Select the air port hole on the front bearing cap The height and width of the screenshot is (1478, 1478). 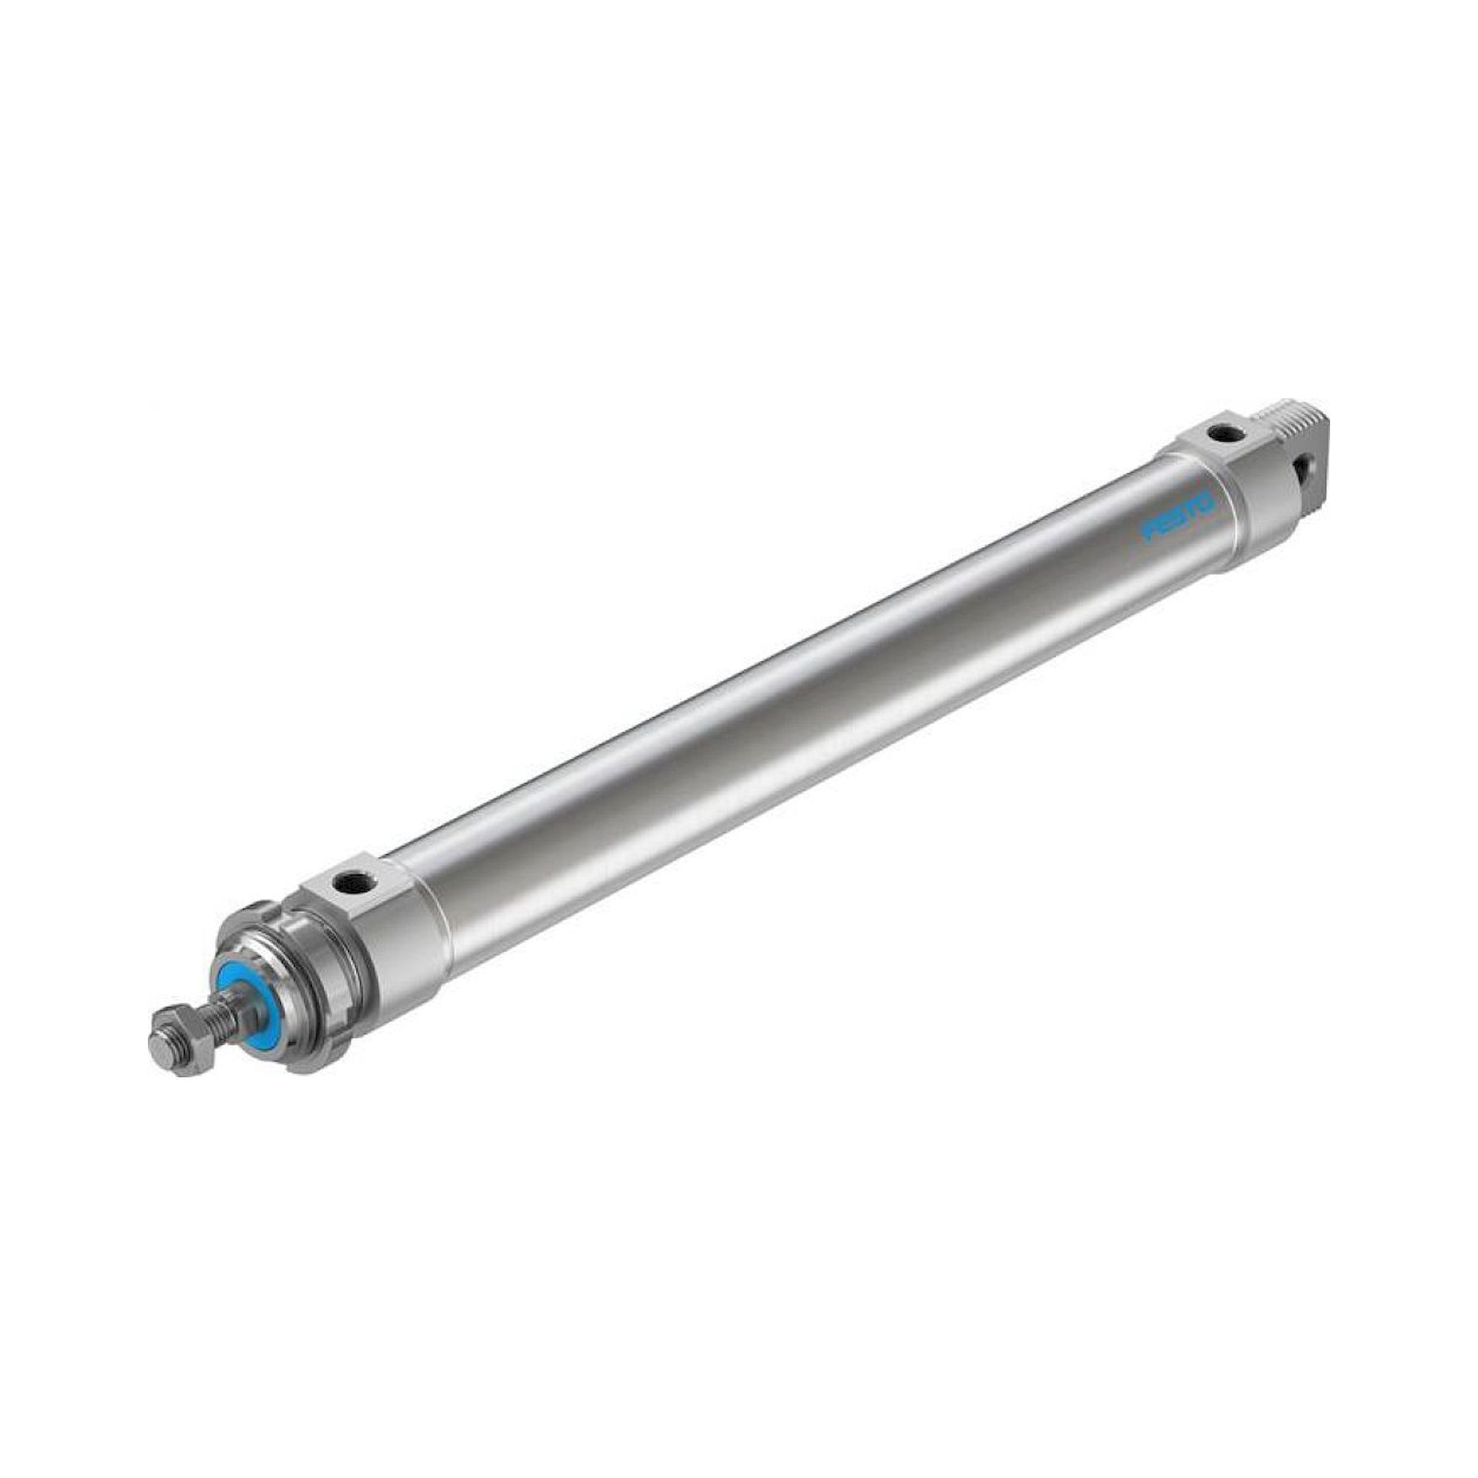tap(355, 883)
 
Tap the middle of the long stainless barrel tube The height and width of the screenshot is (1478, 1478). tap(803, 689)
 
